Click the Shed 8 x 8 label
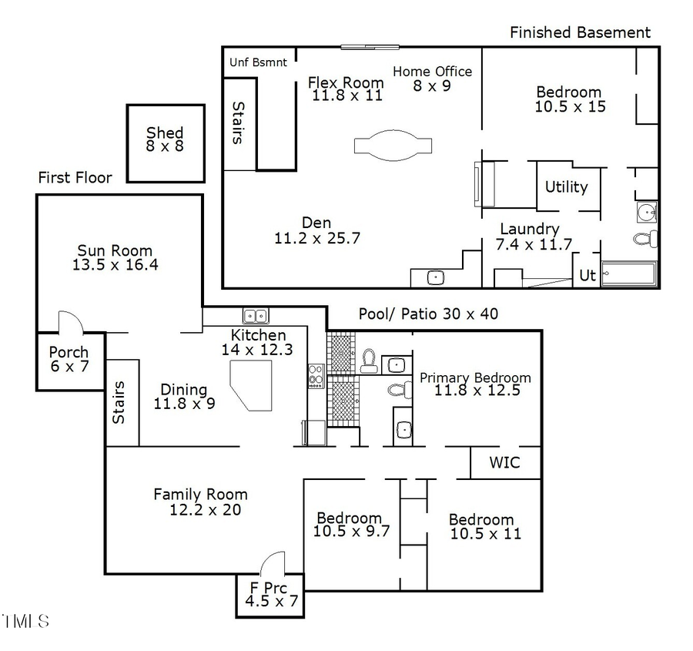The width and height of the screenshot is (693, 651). click(x=165, y=139)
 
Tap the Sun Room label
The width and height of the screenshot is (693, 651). click(x=115, y=258)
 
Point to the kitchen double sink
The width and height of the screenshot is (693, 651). click(x=255, y=315)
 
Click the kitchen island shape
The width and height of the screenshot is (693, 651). click(x=252, y=384)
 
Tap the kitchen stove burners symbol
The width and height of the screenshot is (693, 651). click(x=316, y=375)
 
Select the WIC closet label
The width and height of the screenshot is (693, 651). click(x=504, y=463)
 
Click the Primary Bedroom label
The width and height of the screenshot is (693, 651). click(x=475, y=384)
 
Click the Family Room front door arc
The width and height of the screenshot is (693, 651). click(x=273, y=562)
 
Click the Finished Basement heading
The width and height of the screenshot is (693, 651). click(x=581, y=32)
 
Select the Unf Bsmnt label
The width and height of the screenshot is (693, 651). click(x=258, y=62)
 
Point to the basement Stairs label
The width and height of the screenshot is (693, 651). click(x=238, y=123)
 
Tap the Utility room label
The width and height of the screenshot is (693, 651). click(x=566, y=187)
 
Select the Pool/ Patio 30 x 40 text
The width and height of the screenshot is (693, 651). click(x=428, y=314)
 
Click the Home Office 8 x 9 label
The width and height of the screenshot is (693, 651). click(x=432, y=79)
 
